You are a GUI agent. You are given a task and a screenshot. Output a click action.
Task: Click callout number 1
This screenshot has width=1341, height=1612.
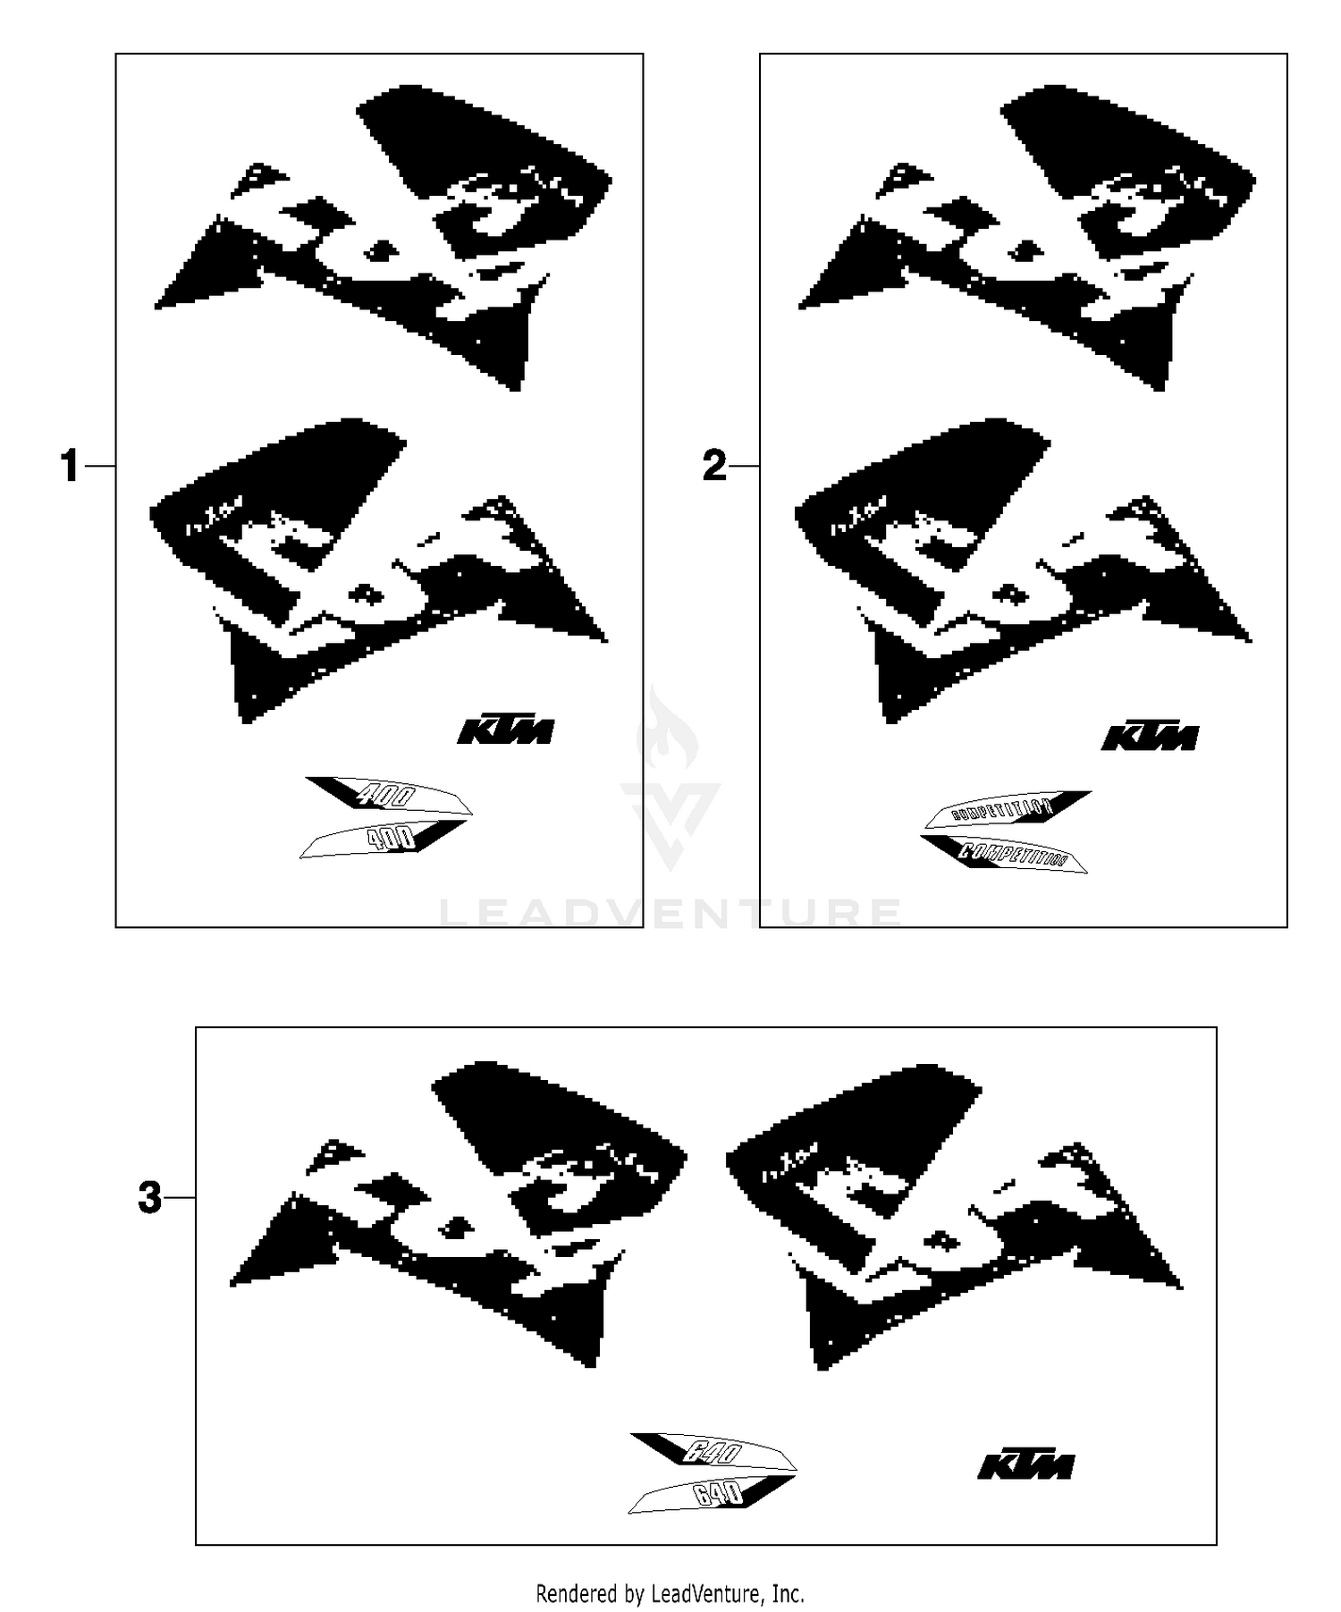(x=70, y=467)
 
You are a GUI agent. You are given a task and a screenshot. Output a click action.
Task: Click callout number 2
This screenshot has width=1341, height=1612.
(x=714, y=467)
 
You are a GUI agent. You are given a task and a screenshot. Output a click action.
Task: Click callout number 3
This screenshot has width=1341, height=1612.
(x=150, y=1197)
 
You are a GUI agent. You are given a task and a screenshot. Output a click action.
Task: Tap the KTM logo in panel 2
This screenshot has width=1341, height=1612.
(x=1150, y=737)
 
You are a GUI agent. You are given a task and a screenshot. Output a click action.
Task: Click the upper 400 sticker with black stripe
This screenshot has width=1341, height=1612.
(x=389, y=796)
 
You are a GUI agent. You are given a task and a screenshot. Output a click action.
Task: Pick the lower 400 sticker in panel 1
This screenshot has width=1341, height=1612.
(x=383, y=839)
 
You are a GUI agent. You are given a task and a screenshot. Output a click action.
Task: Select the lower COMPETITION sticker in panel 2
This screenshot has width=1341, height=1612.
(x=1005, y=853)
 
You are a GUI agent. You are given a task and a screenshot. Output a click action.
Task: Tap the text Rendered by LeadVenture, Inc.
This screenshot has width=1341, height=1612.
(x=670, y=1592)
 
